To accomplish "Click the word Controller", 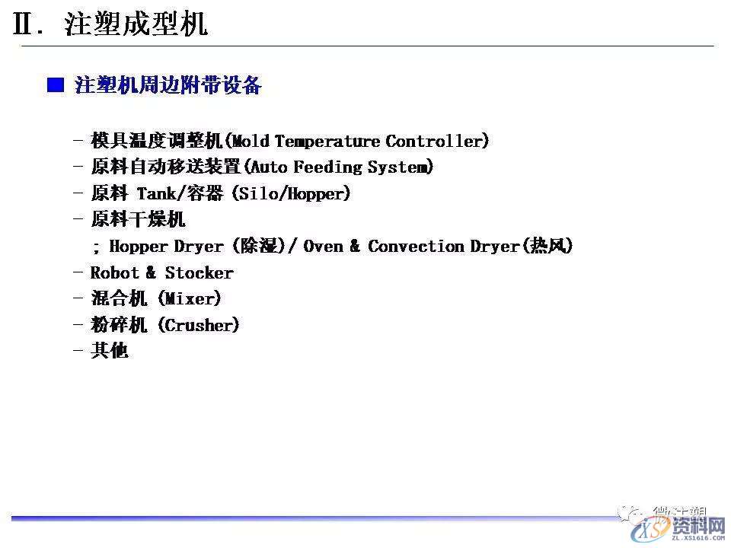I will point(435,141).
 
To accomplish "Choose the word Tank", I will point(157,193).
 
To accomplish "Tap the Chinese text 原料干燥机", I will point(138,220).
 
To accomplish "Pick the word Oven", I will point(324,246).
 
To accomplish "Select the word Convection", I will point(416,246).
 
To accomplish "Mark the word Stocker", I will point(200,272).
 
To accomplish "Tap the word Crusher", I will point(198,325).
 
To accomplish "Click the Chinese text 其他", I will point(110,351).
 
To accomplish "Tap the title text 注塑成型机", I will point(136,25).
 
